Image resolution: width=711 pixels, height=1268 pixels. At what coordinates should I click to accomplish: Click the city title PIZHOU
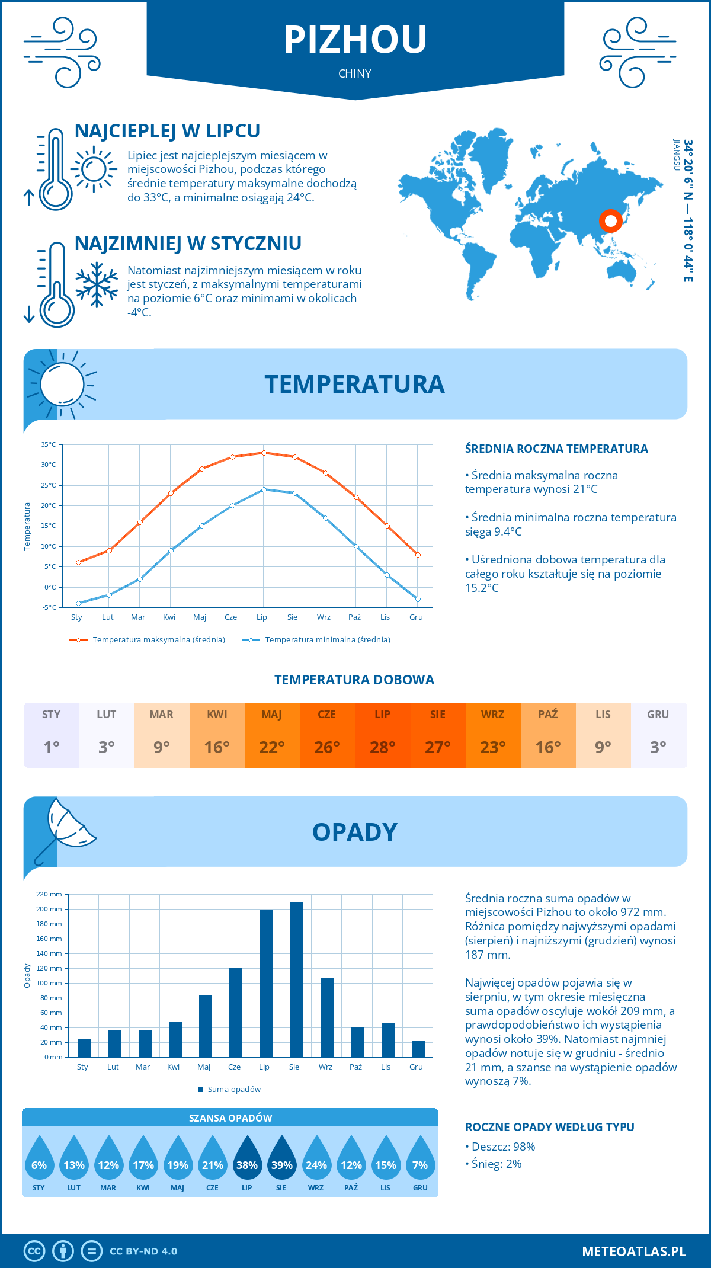[x=355, y=40]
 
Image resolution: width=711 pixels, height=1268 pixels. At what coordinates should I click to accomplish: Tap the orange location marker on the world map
[x=610, y=221]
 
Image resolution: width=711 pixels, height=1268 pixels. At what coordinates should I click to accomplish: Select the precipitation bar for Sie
[x=297, y=980]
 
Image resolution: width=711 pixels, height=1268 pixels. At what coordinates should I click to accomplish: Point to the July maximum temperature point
[x=264, y=453]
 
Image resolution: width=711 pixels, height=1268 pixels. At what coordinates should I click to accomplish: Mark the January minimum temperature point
[x=78, y=603]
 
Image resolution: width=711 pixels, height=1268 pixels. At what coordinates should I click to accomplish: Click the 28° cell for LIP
[x=382, y=747]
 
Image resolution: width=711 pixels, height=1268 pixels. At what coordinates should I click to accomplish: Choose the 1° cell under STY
[x=52, y=747]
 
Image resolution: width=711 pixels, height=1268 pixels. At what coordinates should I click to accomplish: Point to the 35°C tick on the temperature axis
[x=49, y=444]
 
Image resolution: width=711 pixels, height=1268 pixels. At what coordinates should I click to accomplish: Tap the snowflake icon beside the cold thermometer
[x=97, y=284]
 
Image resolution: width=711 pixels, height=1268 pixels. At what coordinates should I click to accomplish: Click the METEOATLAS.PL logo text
[x=633, y=1251]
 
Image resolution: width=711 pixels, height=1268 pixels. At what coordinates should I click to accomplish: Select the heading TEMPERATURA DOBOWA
[x=354, y=680]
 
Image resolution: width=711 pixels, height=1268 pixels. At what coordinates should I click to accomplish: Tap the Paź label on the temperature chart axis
[x=354, y=617]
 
